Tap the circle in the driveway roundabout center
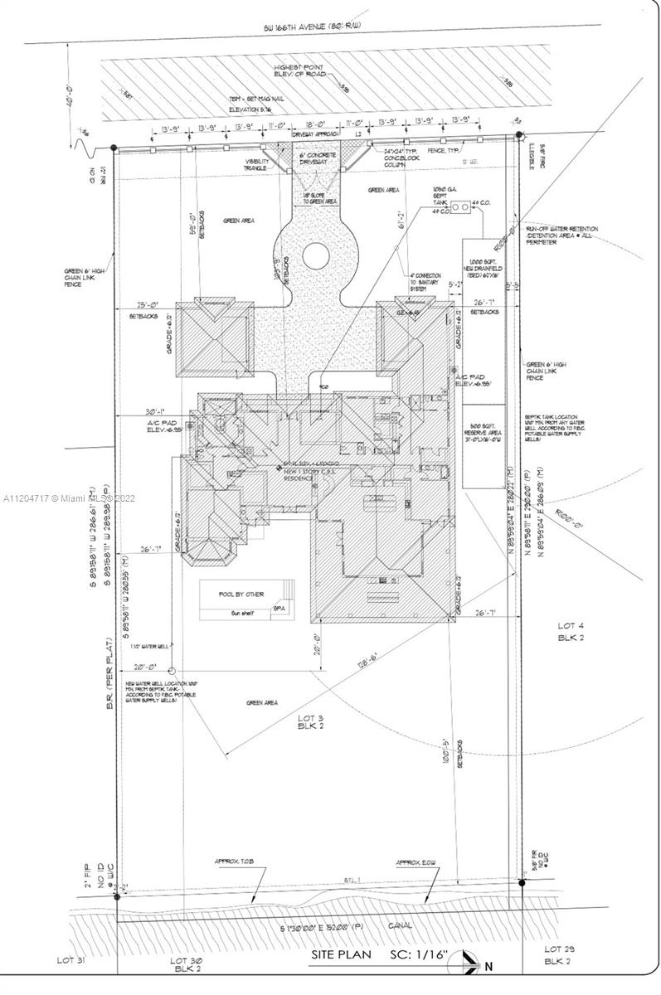pyautogui.click(x=316, y=255)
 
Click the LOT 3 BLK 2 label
pyautogui.click(x=313, y=724)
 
